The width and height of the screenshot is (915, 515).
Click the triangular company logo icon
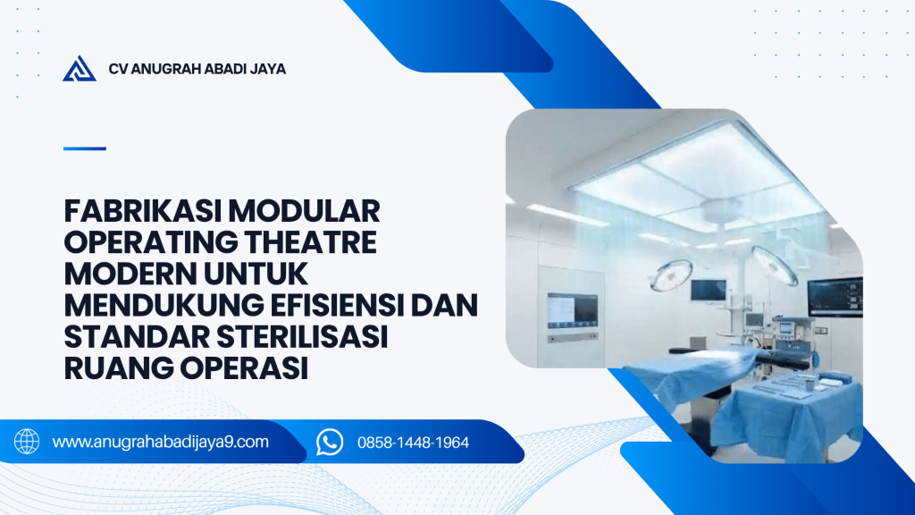coord(80,69)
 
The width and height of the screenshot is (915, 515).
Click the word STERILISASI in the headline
coord(302,337)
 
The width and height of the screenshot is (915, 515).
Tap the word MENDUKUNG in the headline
coord(164,306)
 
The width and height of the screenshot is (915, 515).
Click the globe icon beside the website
coord(27,442)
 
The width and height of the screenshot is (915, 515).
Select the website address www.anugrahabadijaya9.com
coord(161,442)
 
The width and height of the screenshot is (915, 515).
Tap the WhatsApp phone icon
coord(330,442)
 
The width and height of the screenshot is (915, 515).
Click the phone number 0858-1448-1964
coord(413,443)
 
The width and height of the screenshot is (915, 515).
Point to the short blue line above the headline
coord(85,148)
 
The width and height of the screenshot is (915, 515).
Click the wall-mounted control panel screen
coord(573,310)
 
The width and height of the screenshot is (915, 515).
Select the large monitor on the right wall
coord(835,297)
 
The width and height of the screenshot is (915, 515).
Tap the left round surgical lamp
coord(671,275)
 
